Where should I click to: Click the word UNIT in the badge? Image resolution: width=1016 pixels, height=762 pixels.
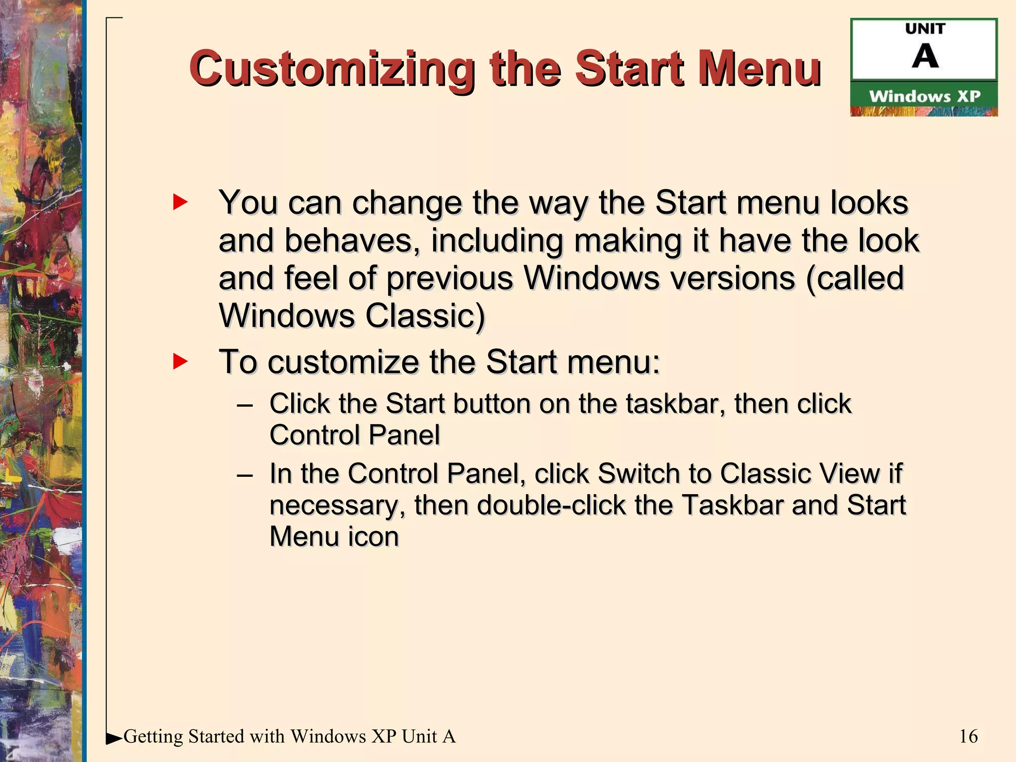tap(925, 29)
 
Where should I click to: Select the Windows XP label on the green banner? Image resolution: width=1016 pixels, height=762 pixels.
tap(925, 96)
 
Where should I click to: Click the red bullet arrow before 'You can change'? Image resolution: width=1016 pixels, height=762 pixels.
tap(180, 202)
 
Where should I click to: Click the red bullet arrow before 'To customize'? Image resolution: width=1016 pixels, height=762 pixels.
tap(180, 361)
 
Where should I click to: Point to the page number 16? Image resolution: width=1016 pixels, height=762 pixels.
tap(968, 736)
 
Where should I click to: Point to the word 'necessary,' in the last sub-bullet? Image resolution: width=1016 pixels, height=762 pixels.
tap(337, 506)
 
